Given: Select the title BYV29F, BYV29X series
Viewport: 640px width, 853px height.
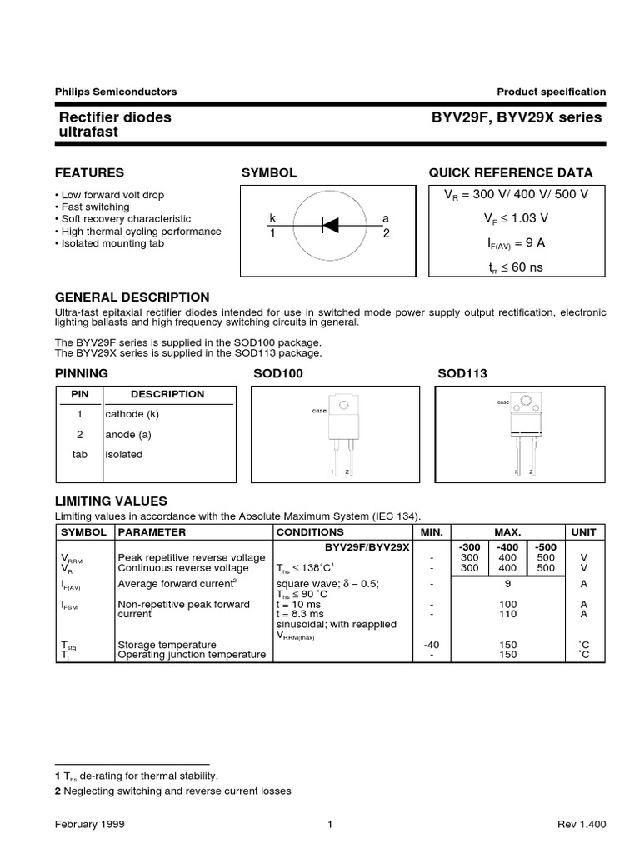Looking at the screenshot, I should point(516,117).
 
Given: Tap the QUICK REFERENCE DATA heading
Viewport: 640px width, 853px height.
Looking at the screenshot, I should point(510,173).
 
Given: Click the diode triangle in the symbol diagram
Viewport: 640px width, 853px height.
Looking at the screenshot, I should point(330,224).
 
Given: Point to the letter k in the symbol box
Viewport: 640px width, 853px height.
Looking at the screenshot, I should point(272,218).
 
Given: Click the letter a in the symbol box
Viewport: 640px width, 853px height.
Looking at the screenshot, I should point(386,218).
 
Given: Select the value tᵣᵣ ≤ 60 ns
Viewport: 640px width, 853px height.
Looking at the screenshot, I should point(516,267).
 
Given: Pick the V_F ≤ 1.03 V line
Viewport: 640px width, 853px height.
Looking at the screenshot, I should point(516,218).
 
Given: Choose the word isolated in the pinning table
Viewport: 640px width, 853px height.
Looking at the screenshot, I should point(123,454).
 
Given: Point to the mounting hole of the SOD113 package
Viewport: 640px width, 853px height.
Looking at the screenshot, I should point(525,403).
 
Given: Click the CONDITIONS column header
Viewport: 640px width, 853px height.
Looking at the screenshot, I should point(310,531).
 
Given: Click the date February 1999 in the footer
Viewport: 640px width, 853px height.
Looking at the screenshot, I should point(89,825).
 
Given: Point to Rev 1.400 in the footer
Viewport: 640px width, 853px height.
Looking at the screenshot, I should point(581,825).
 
